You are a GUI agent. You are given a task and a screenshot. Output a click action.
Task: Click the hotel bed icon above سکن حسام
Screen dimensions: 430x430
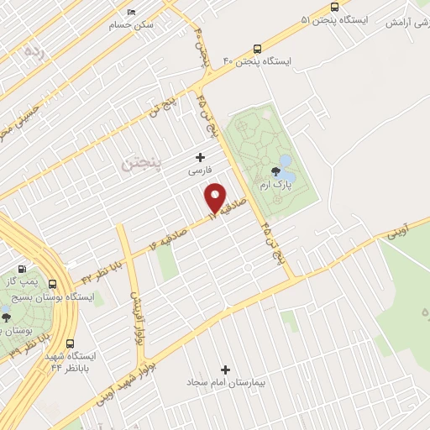(131, 13)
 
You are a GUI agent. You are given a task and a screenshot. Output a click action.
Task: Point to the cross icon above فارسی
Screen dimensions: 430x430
(200, 156)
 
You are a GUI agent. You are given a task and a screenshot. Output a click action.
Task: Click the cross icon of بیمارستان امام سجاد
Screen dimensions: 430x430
(224, 370)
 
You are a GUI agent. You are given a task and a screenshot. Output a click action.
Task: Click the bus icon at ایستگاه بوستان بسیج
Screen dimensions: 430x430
(53, 284)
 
